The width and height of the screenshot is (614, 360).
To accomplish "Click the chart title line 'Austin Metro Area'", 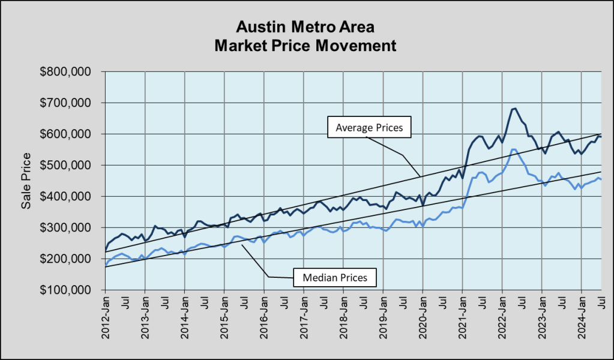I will tap(307, 27).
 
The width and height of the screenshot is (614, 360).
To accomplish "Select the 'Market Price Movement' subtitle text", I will tap(307, 45).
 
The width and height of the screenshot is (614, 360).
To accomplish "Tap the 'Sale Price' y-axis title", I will tap(26, 181).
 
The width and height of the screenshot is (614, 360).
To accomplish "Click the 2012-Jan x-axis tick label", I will tap(106, 316).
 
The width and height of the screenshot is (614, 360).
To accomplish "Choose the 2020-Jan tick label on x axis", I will tap(423, 316).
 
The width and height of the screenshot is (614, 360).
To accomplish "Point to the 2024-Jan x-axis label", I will tap(582, 316).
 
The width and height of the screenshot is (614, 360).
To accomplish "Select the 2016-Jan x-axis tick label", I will tap(264, 316).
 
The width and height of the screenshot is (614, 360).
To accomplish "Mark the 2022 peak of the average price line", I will tap(514, 109).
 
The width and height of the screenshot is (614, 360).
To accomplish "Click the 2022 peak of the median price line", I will tap(513, 149).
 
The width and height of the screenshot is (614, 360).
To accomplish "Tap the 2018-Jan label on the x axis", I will tap(344, 316).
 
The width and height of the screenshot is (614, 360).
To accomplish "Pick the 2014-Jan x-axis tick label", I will tap(185, 316).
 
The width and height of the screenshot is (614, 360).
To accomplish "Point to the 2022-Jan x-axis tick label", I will tap(502, 316).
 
